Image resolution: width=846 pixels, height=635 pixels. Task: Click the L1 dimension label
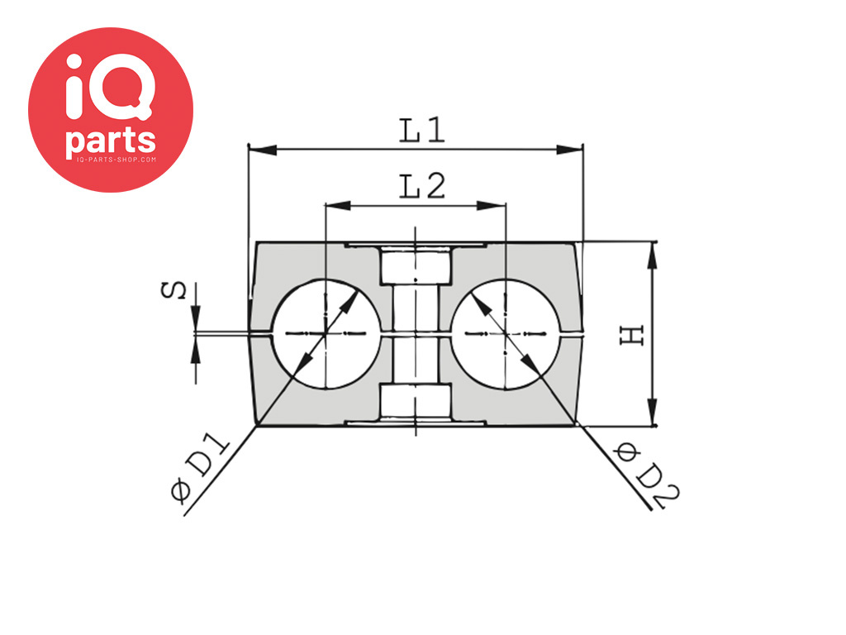tap(422, 131)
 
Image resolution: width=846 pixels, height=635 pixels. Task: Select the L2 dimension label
tap(422, 186)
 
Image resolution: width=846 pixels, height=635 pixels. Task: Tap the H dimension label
tap(632, 336)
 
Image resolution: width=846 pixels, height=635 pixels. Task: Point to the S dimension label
tap(173, 290)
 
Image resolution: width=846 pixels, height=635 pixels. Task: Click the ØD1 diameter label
tap(200, 469)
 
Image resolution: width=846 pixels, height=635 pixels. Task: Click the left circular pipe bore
tap(326, 334)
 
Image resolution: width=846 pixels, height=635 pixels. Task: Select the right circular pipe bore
tap(505, 334)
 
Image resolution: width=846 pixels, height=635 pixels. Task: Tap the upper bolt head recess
tap(416, 265)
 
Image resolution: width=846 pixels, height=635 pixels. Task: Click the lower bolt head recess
tap(416, 401)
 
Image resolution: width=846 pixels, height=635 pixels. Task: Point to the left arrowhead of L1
tap(262, 150)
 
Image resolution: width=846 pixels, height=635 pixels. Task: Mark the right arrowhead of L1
tap(570, 150)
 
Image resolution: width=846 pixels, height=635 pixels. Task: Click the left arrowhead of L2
tap(338, 206)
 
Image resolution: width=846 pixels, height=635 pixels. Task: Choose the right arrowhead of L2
tap(492, 206)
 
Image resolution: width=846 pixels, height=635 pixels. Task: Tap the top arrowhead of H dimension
tap(653, 256)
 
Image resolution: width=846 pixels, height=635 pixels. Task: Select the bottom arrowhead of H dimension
tap(653, 412)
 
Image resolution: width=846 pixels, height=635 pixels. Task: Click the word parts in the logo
tap(111, 140)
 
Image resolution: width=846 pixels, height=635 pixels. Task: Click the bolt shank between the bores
tap(416, 334)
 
